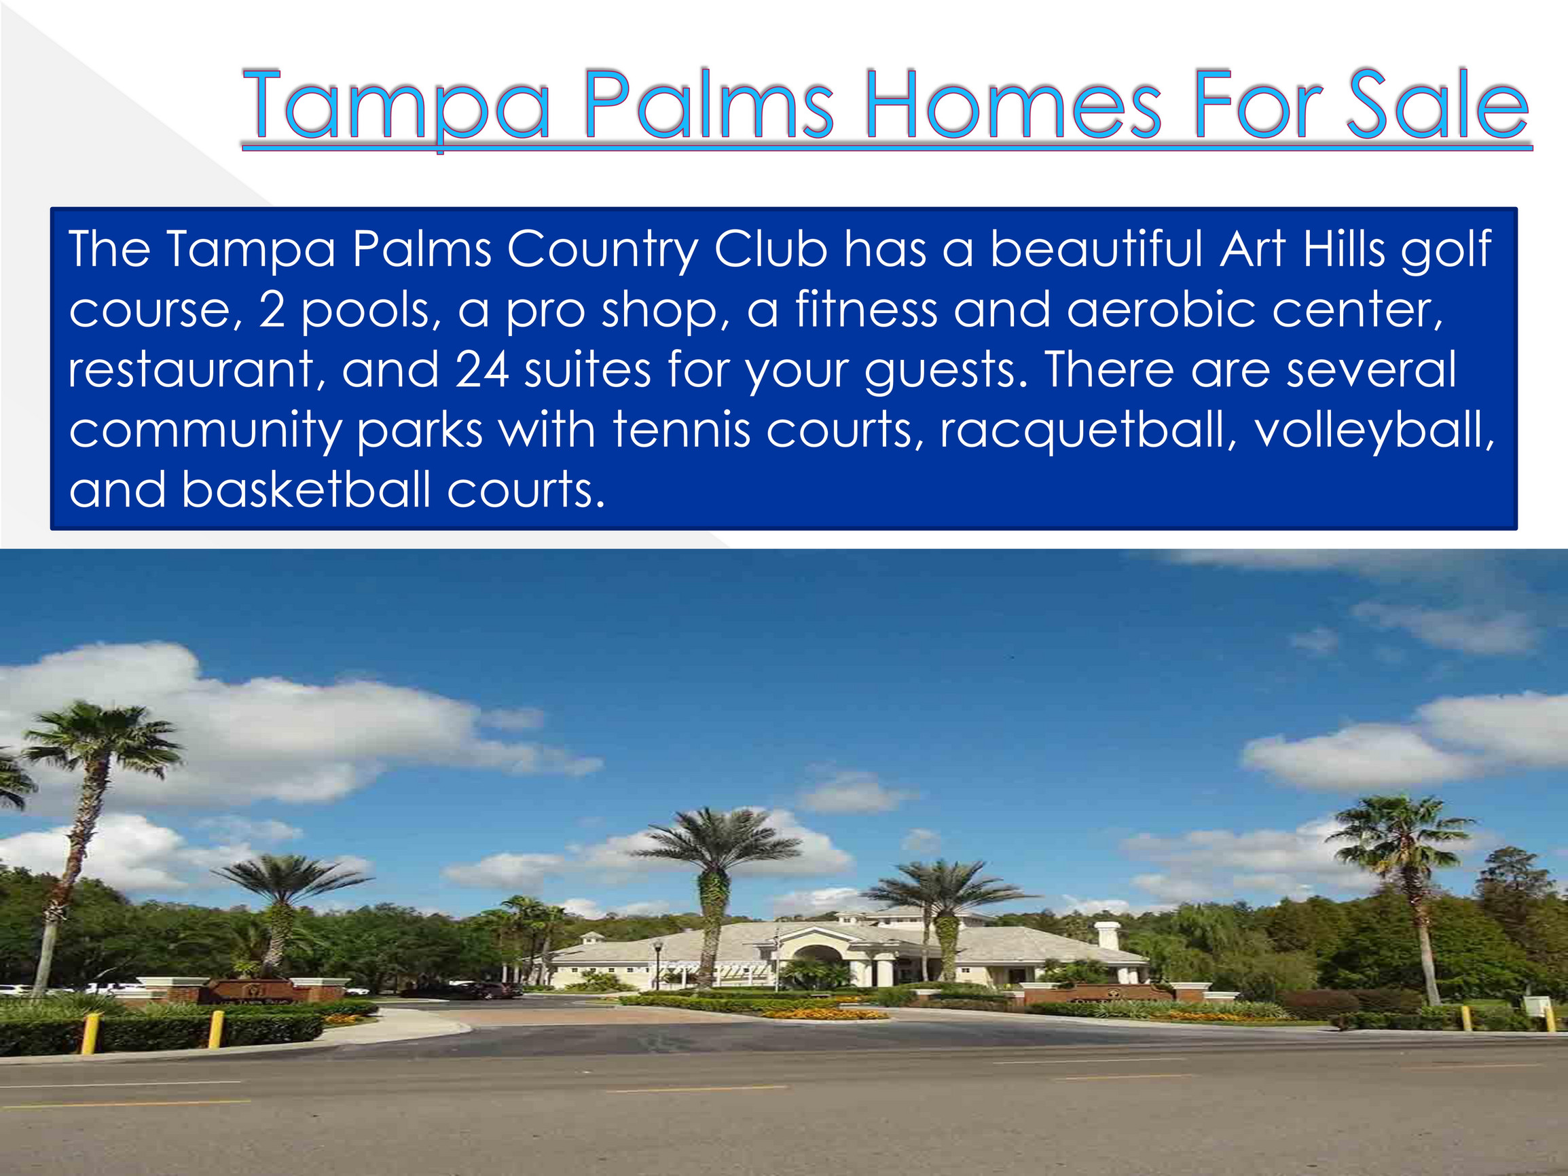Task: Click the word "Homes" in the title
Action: (1012, 105)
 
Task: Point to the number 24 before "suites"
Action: (482, 369)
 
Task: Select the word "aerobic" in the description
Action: (1161, 310)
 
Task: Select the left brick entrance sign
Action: (257, 989)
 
